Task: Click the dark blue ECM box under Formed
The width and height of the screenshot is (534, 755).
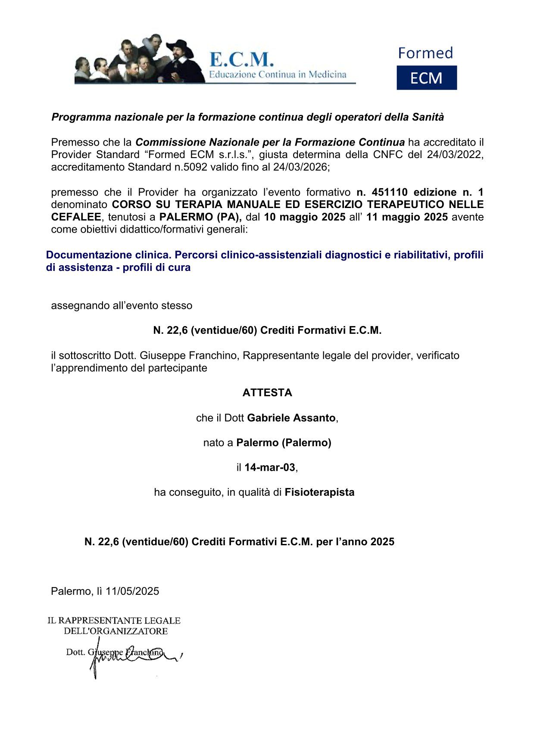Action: (x=426, y=78)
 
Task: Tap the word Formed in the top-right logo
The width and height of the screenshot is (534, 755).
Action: (x=425, y=53)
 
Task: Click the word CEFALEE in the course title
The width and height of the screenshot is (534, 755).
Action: (x=76, y=217)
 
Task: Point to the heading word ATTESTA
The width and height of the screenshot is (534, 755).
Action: (x=267, y=393)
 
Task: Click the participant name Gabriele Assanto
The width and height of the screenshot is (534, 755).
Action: (x=291, y=418)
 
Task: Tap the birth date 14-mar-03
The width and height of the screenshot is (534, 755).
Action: (x=270, y=467)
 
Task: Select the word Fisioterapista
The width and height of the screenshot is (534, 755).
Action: (x=319, y=492)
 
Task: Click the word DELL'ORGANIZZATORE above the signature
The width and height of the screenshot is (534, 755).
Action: (x=116, y=631)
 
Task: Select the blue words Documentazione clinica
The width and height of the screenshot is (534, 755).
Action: (x=108, y=255)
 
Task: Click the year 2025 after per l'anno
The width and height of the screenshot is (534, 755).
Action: (x=382, y=542)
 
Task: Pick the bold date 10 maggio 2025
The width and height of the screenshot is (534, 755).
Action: (x=305, y=217)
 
